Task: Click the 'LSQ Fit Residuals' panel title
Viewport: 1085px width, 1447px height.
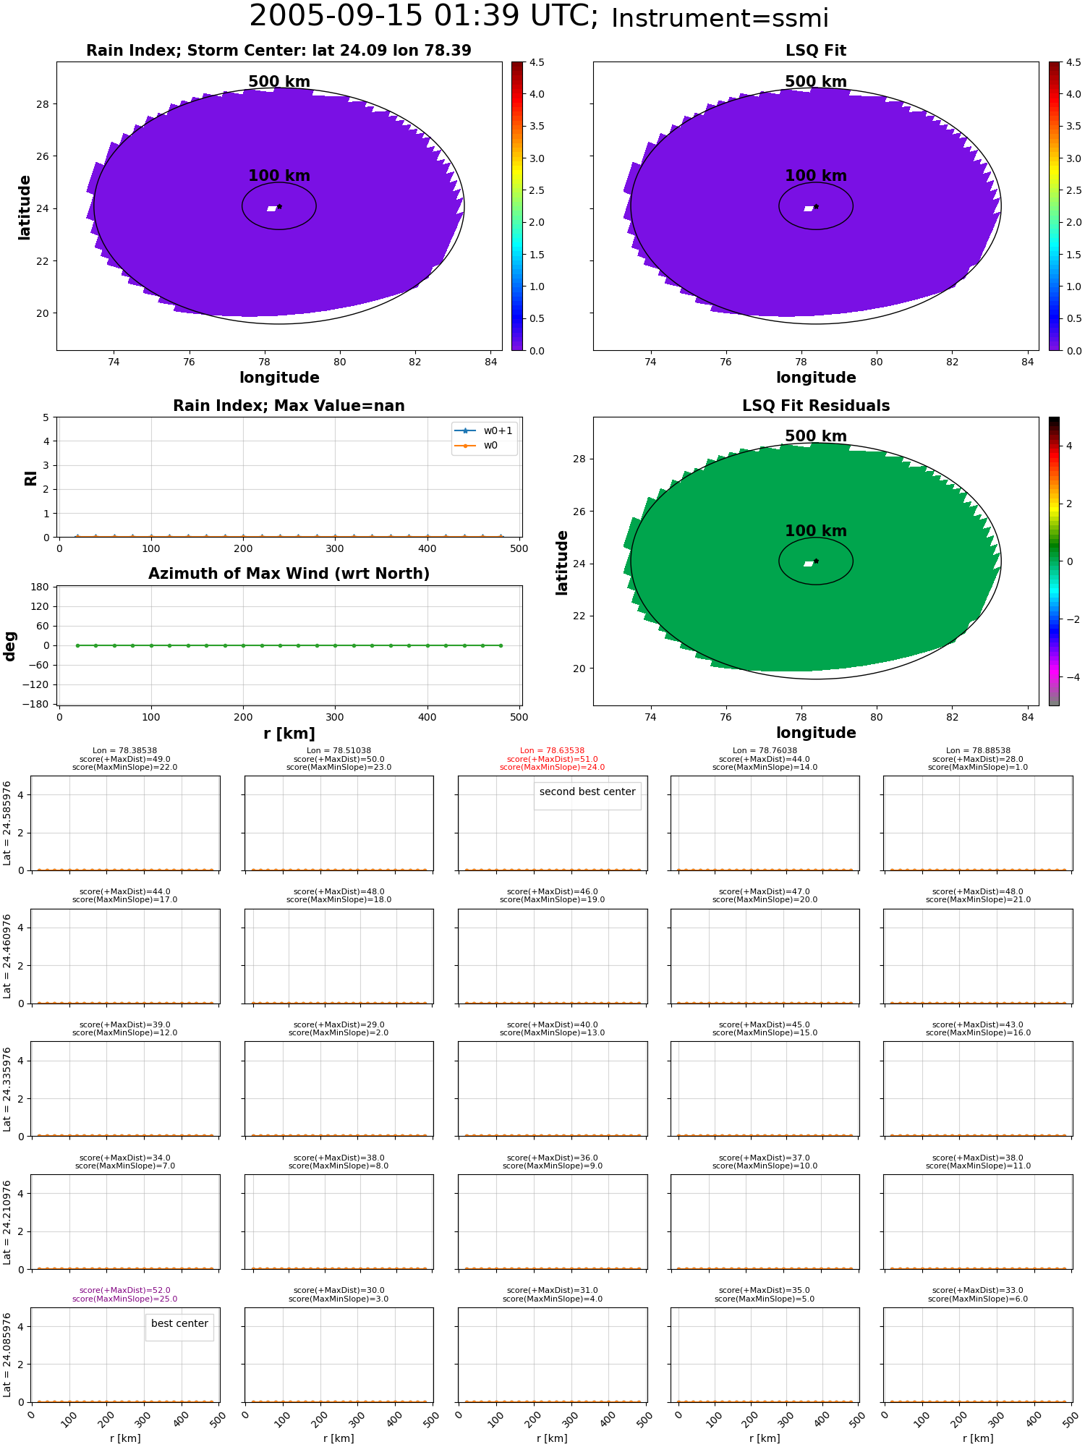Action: pos(816,406)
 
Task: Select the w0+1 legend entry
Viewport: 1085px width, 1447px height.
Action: pos(484,430)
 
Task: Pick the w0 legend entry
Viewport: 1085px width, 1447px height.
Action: pos(477,445)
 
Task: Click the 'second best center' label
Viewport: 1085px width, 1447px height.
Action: pos(587,792)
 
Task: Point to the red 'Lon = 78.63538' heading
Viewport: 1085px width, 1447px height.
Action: pos(553,751)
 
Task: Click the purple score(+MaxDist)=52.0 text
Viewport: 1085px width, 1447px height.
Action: pos(125,1290)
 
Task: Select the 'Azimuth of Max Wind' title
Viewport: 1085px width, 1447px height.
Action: pos(289,574)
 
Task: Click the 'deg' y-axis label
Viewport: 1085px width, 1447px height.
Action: pos(10,646)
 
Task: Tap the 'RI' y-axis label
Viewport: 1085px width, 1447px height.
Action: pos(31,478)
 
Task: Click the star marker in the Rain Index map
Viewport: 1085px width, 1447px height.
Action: pos(279,206)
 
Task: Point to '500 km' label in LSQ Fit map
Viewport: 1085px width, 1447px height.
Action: pos(816,82)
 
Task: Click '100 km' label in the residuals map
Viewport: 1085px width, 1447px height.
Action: pos(816,531)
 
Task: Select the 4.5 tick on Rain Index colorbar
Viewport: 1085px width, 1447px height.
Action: pos(537,62)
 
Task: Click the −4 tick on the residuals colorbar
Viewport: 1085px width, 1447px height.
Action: pos(1069,677)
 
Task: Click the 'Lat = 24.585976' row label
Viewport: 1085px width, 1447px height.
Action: pos(7,823)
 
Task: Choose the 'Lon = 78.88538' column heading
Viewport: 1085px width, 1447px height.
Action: pos(978,751)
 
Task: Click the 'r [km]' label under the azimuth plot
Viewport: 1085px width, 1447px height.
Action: pos(289,734)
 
